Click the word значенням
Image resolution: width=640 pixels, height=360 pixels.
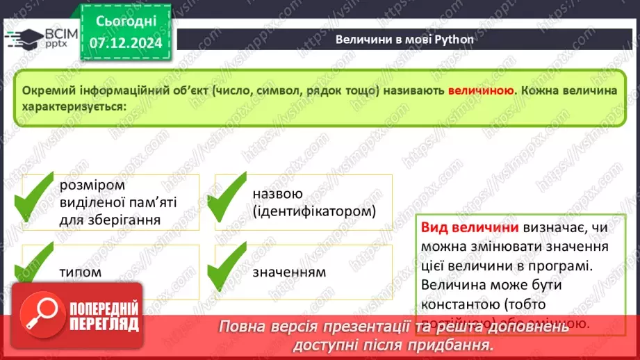(x=289, y=272)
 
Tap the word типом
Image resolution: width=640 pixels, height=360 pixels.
(x=80, y=272)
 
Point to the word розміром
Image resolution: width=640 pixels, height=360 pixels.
(x=91, y=186)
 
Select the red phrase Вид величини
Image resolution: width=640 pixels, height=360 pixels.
(x=470, y=227)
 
